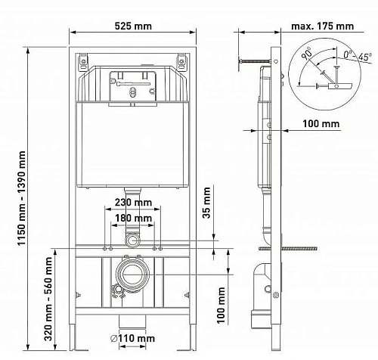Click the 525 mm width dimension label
click(132, 26)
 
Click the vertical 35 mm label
click(207, 203)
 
